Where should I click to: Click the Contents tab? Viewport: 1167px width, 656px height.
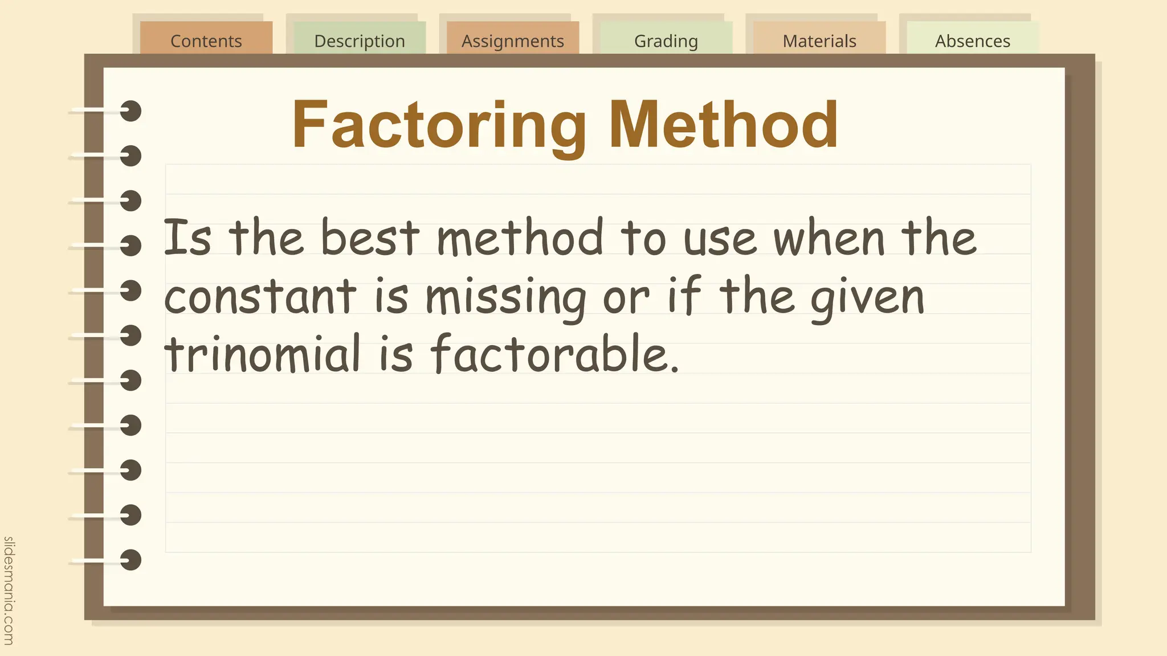[206, 40]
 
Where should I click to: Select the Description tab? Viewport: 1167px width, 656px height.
[360, 40]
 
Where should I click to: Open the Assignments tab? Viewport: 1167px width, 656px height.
[513, 40]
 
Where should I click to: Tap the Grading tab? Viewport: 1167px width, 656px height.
[666, 40]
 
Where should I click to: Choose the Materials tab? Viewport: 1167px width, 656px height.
[819, 40]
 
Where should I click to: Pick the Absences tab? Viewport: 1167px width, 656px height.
[973, 40]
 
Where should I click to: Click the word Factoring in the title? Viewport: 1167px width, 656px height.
[439, 125]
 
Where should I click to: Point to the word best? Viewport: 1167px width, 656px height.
[370, 237]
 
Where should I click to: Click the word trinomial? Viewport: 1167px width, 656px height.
[263, 354]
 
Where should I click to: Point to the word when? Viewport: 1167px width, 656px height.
[829, 237]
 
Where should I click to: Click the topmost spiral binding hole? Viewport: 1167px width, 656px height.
[131, 111]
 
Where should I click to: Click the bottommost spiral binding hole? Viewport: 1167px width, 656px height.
[131, 560]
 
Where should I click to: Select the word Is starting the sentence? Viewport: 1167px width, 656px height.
[187, 237]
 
